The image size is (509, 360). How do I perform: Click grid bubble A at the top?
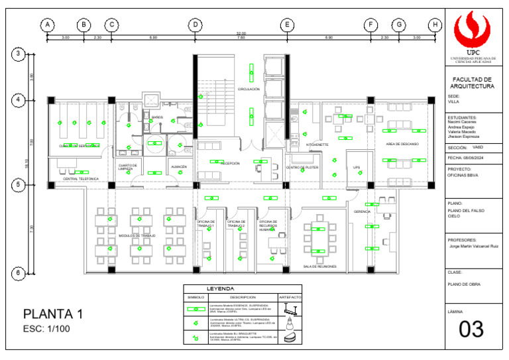point(47,25)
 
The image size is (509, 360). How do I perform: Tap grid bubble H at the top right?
point(435,25)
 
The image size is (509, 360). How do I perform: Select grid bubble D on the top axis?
point(196,25)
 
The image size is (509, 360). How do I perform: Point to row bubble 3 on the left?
point(20,54)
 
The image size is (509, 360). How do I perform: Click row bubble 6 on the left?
point(20,272)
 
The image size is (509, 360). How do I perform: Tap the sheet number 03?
point(472,329)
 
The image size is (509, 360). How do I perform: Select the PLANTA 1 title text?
point(53,314)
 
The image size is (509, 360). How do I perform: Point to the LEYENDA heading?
point(221,290)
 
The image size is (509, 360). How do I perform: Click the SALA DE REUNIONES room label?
point(319,267)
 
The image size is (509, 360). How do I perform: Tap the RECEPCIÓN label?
point(230,163)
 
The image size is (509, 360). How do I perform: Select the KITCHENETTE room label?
point(317,145)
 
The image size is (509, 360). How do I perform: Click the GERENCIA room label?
point(363,211)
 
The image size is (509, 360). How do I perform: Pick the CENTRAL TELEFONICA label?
point(81,179)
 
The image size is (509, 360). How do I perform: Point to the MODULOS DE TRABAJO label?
point(137,236)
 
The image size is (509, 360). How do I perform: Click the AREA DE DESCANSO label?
point(402,144)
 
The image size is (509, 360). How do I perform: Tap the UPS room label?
point(357,167)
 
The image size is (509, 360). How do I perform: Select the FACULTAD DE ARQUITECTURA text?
point(472,83)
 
